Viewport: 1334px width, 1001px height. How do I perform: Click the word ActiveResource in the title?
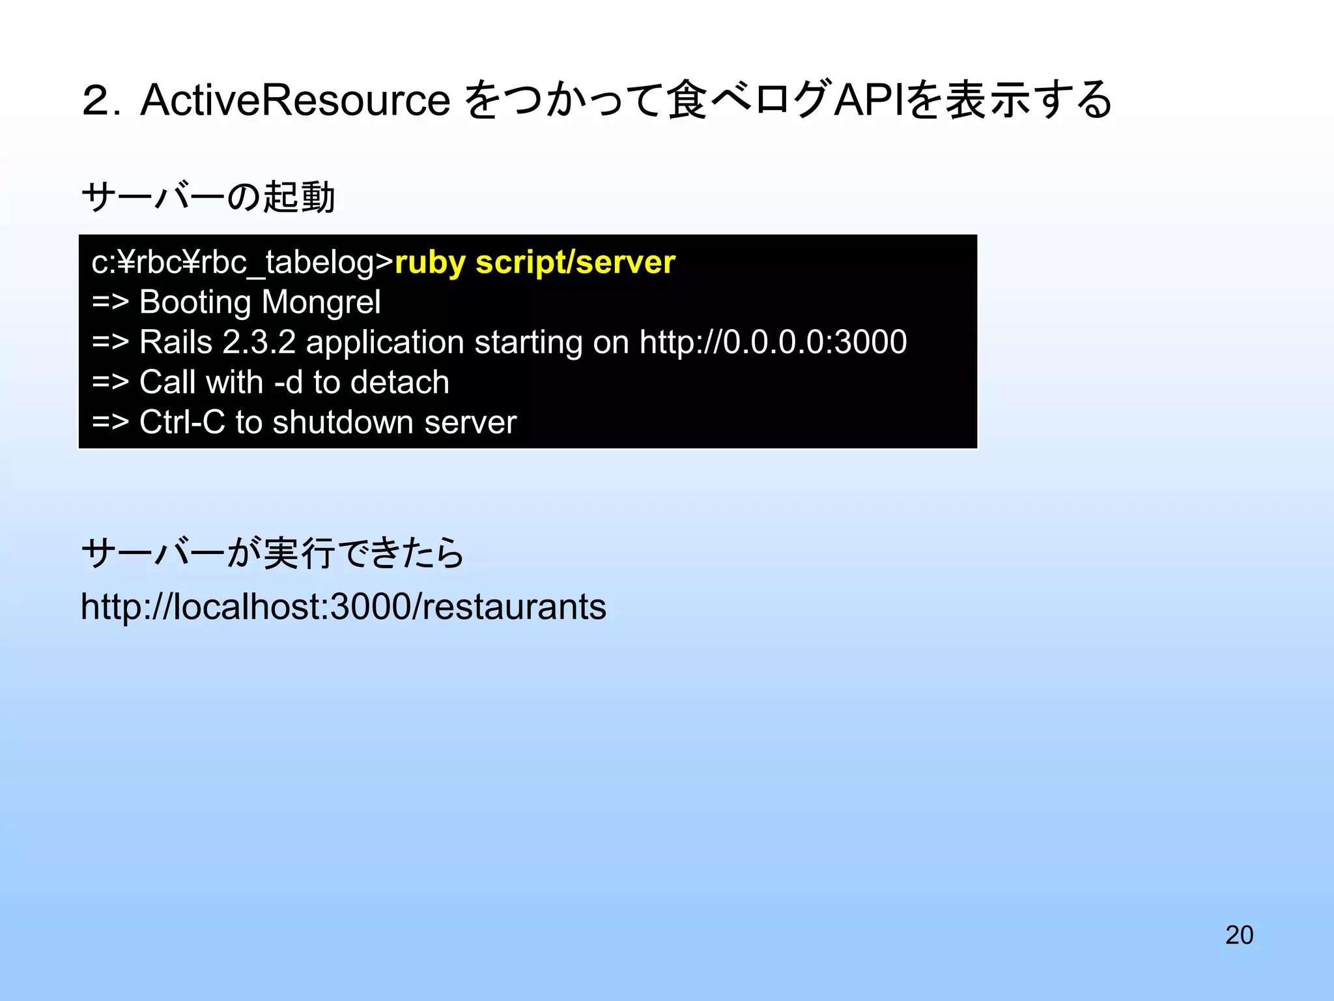pos(295,100)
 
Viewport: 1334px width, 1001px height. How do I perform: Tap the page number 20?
pos(1239,935)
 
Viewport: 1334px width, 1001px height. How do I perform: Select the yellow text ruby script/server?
pos(535,263)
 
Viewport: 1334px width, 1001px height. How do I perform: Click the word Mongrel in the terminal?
pos(320,302)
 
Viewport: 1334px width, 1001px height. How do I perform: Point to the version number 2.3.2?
pos(259,342)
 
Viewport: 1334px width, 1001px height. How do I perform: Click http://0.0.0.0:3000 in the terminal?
pos(773,342)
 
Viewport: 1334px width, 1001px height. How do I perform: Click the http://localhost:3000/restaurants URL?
pos(343,607)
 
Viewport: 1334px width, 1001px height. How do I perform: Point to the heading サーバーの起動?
pos(208,197)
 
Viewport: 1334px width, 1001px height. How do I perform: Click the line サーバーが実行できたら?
pos(272,553)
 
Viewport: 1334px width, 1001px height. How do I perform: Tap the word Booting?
pos(195,302)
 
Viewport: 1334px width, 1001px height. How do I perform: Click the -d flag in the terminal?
pos(289,383)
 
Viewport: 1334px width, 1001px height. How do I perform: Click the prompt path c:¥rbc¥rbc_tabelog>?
pos(242,263)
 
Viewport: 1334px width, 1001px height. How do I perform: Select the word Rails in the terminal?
pos(176,342)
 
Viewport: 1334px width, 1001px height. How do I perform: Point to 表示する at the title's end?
pos(1029,100)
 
